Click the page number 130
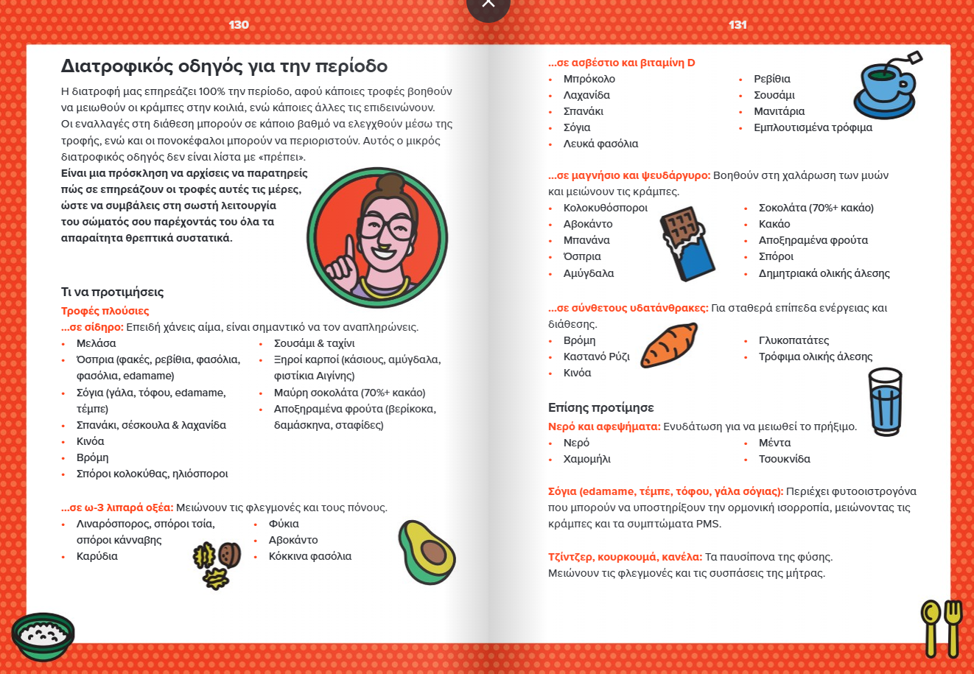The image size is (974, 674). point(239,25)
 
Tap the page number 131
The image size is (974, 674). point(737,25)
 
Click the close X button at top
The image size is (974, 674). point(488,6)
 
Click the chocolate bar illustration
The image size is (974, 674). point(687,244)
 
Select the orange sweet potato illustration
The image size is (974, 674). point(668,345)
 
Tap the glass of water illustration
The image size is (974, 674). point(885,401)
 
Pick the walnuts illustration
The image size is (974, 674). point(217,564)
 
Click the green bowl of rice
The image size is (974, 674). point(43,636)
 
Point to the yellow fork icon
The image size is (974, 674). point(953,626)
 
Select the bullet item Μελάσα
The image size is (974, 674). point(96,343)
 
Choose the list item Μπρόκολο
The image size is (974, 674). point(589,79)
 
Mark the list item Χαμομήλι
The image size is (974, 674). point(586,459)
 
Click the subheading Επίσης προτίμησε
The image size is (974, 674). point(600,407)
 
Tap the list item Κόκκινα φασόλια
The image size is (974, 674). point(309,556)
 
